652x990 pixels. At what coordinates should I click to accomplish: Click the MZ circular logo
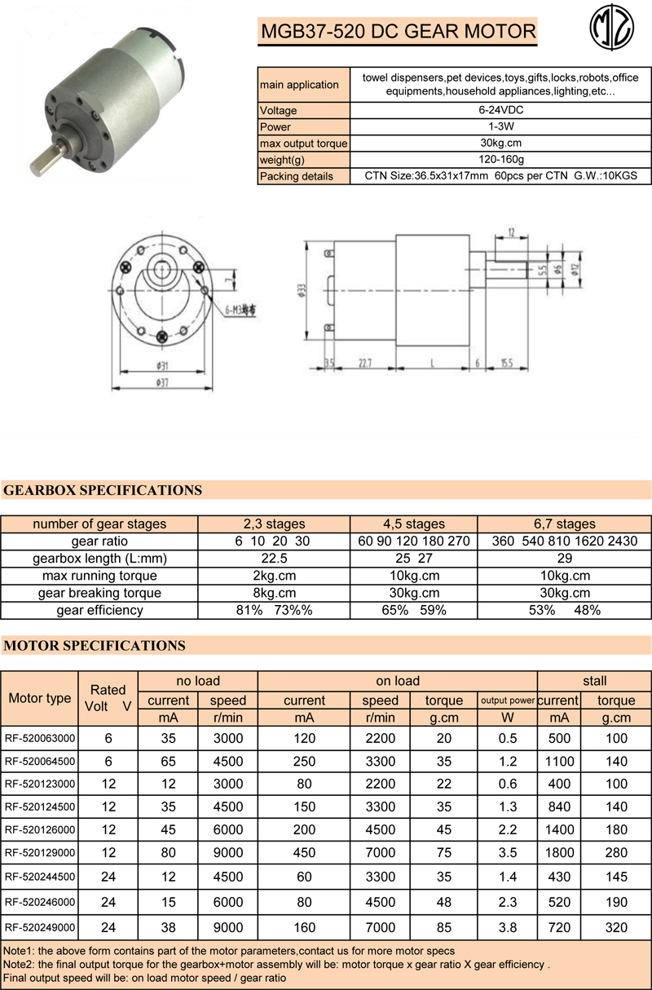coord(612,32)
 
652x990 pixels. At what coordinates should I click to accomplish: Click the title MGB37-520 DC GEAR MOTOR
coord(398,32)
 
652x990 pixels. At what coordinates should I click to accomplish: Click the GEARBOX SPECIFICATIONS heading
coord(103,491)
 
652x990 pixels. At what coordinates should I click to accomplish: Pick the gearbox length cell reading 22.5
coord(275,559)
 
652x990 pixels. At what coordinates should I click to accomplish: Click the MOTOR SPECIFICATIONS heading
coord(95,646)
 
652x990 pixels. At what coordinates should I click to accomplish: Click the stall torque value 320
coord(617,927)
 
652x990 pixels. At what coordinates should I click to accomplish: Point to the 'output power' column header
coord(507,700)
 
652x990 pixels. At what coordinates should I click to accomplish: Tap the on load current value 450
coord(304,854)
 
